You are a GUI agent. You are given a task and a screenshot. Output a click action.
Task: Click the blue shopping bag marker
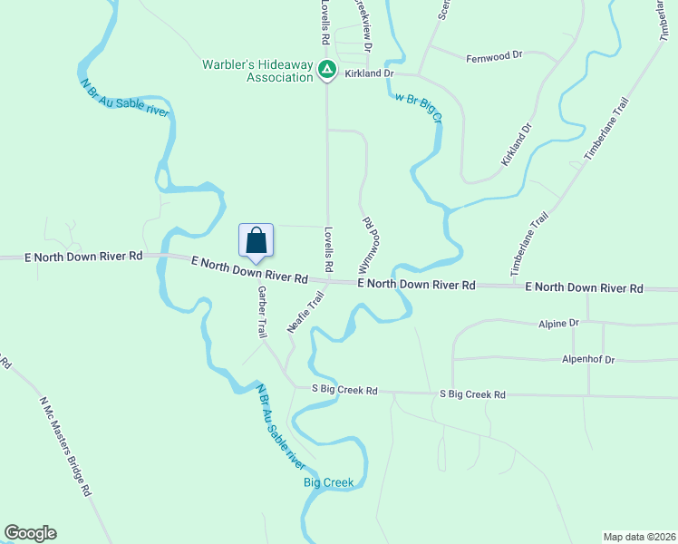(257, 241)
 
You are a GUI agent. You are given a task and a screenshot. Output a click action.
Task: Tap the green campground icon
(328, 69)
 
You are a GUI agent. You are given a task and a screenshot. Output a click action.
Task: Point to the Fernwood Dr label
(495, 56)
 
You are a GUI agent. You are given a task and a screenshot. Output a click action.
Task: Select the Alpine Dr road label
(558, 323)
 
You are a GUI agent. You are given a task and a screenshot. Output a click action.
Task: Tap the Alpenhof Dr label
(587, 360)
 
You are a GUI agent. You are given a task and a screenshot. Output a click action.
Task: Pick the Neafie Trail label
(305, 312)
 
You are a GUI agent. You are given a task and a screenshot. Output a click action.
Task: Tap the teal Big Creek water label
(328, 482)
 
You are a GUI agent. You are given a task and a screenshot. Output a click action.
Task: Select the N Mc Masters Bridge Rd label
(65, 445)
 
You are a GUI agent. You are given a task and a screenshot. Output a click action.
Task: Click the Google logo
(30, 533)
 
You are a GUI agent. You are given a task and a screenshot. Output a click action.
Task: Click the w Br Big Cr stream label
(418, 104)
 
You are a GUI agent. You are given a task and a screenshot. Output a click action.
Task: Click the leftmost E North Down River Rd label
(85, 257)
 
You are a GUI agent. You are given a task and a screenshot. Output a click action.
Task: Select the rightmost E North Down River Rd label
(585, 287)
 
